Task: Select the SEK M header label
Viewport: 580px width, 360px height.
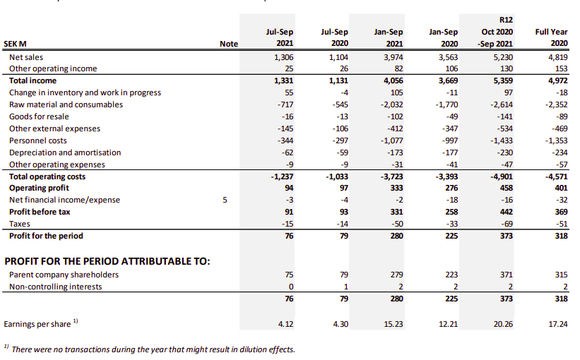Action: tap(15, 44)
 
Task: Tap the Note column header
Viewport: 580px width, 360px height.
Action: tap(229, 44)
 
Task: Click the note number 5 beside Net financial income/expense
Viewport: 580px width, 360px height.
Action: tap(225, 200)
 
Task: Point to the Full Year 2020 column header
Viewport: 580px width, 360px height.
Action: tap(551, 37)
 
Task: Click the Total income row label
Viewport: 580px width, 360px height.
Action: tap(32, 80)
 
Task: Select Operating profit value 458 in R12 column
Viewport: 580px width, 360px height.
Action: tap(506, 188)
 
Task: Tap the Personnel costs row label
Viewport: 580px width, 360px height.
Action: tap(38, 140)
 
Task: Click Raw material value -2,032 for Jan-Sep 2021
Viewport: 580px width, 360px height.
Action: tap(391, 104)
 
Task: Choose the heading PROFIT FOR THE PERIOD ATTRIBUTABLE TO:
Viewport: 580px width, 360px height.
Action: tap(107, 261)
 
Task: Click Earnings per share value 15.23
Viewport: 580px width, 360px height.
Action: tap(393, 324)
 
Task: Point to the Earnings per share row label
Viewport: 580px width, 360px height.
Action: tap(37, 324)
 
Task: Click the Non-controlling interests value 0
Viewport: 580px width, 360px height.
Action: tap(291, 287)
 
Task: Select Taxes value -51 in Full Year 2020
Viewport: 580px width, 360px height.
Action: tap(562, 224)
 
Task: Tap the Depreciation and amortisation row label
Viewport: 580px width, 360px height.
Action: tap(65, 152)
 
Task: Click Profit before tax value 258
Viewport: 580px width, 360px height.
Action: tap(451, 212)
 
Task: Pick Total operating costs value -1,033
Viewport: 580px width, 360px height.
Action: tap(336, 176)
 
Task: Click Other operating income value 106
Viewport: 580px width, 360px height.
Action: tap(451, 68)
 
